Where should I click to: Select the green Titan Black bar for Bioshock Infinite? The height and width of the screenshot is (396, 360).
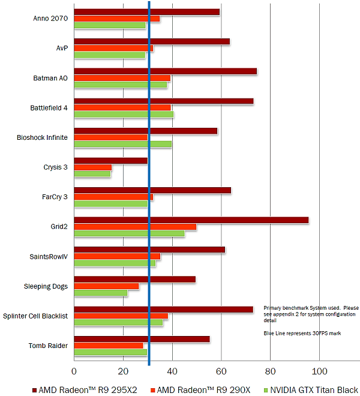point(122,144)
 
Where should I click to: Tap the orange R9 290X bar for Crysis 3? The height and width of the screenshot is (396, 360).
point(92,167)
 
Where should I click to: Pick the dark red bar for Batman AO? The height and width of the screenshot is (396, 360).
point(165,71)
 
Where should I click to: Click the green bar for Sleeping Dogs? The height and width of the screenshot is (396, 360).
point(100,293)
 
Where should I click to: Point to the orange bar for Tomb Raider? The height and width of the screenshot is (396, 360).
point(108,346)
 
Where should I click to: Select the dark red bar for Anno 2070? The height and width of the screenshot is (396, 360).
point(146,12)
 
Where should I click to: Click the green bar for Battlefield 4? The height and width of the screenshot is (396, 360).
point(124,115)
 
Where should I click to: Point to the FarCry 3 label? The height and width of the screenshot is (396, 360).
point(53,197)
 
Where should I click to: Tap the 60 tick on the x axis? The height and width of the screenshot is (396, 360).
point(221,370)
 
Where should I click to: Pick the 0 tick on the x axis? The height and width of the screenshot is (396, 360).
point(74,370)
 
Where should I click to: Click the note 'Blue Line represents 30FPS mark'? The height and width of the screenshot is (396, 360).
point(302,334)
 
